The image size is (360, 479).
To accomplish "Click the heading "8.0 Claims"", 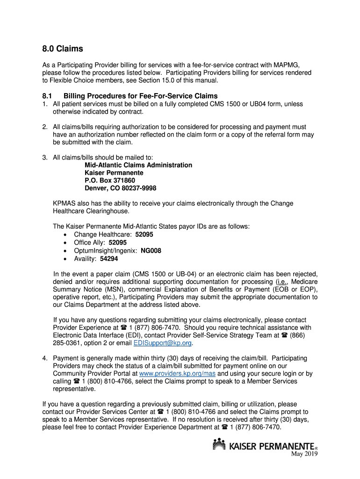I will click(62, 49).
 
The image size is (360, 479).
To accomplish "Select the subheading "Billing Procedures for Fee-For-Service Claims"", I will click(140, 96).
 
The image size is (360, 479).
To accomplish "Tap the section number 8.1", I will click(47, 96).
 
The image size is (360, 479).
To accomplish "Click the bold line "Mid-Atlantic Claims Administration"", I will click(138, 165).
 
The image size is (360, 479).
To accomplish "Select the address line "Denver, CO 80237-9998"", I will click(120, 188).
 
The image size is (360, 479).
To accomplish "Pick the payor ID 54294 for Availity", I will click(109, 259).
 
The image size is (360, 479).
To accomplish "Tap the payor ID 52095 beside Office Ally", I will click(117, 243).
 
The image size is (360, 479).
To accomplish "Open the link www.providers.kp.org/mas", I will click(178, 374).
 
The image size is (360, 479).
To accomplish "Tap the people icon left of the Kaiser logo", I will click(219, 444).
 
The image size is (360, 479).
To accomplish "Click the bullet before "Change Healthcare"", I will click(65, 235).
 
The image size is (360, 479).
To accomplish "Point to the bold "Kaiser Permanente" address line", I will click(114, 173).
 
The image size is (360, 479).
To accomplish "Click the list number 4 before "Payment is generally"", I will click(44, 358).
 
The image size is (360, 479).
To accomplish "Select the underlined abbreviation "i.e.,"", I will click(282, 282).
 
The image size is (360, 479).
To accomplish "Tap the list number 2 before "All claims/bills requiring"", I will click(44, 127).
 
